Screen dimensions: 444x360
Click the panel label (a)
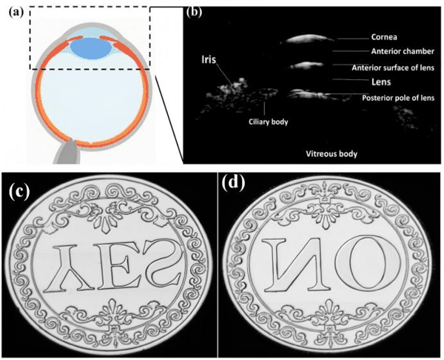click(x=16, y=13)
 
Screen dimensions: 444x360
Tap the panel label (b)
click(x=194, y=12)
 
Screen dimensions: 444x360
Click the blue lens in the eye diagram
click(x=90, y=48)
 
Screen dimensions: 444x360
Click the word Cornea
click(x=384, y=37)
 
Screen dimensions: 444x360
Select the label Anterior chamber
click(x=403, y=51)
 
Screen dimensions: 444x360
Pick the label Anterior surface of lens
click(x=393, y=67)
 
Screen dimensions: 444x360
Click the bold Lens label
click(x=381, y=82)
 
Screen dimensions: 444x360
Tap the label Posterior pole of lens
click(x=398, y=98)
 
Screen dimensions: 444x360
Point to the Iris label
click(x=209, y=59)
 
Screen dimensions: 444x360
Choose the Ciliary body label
click(x=268, y=122)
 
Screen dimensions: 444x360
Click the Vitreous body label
click(x=332, y=153)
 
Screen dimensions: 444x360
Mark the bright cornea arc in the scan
click(x=307, y=39)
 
